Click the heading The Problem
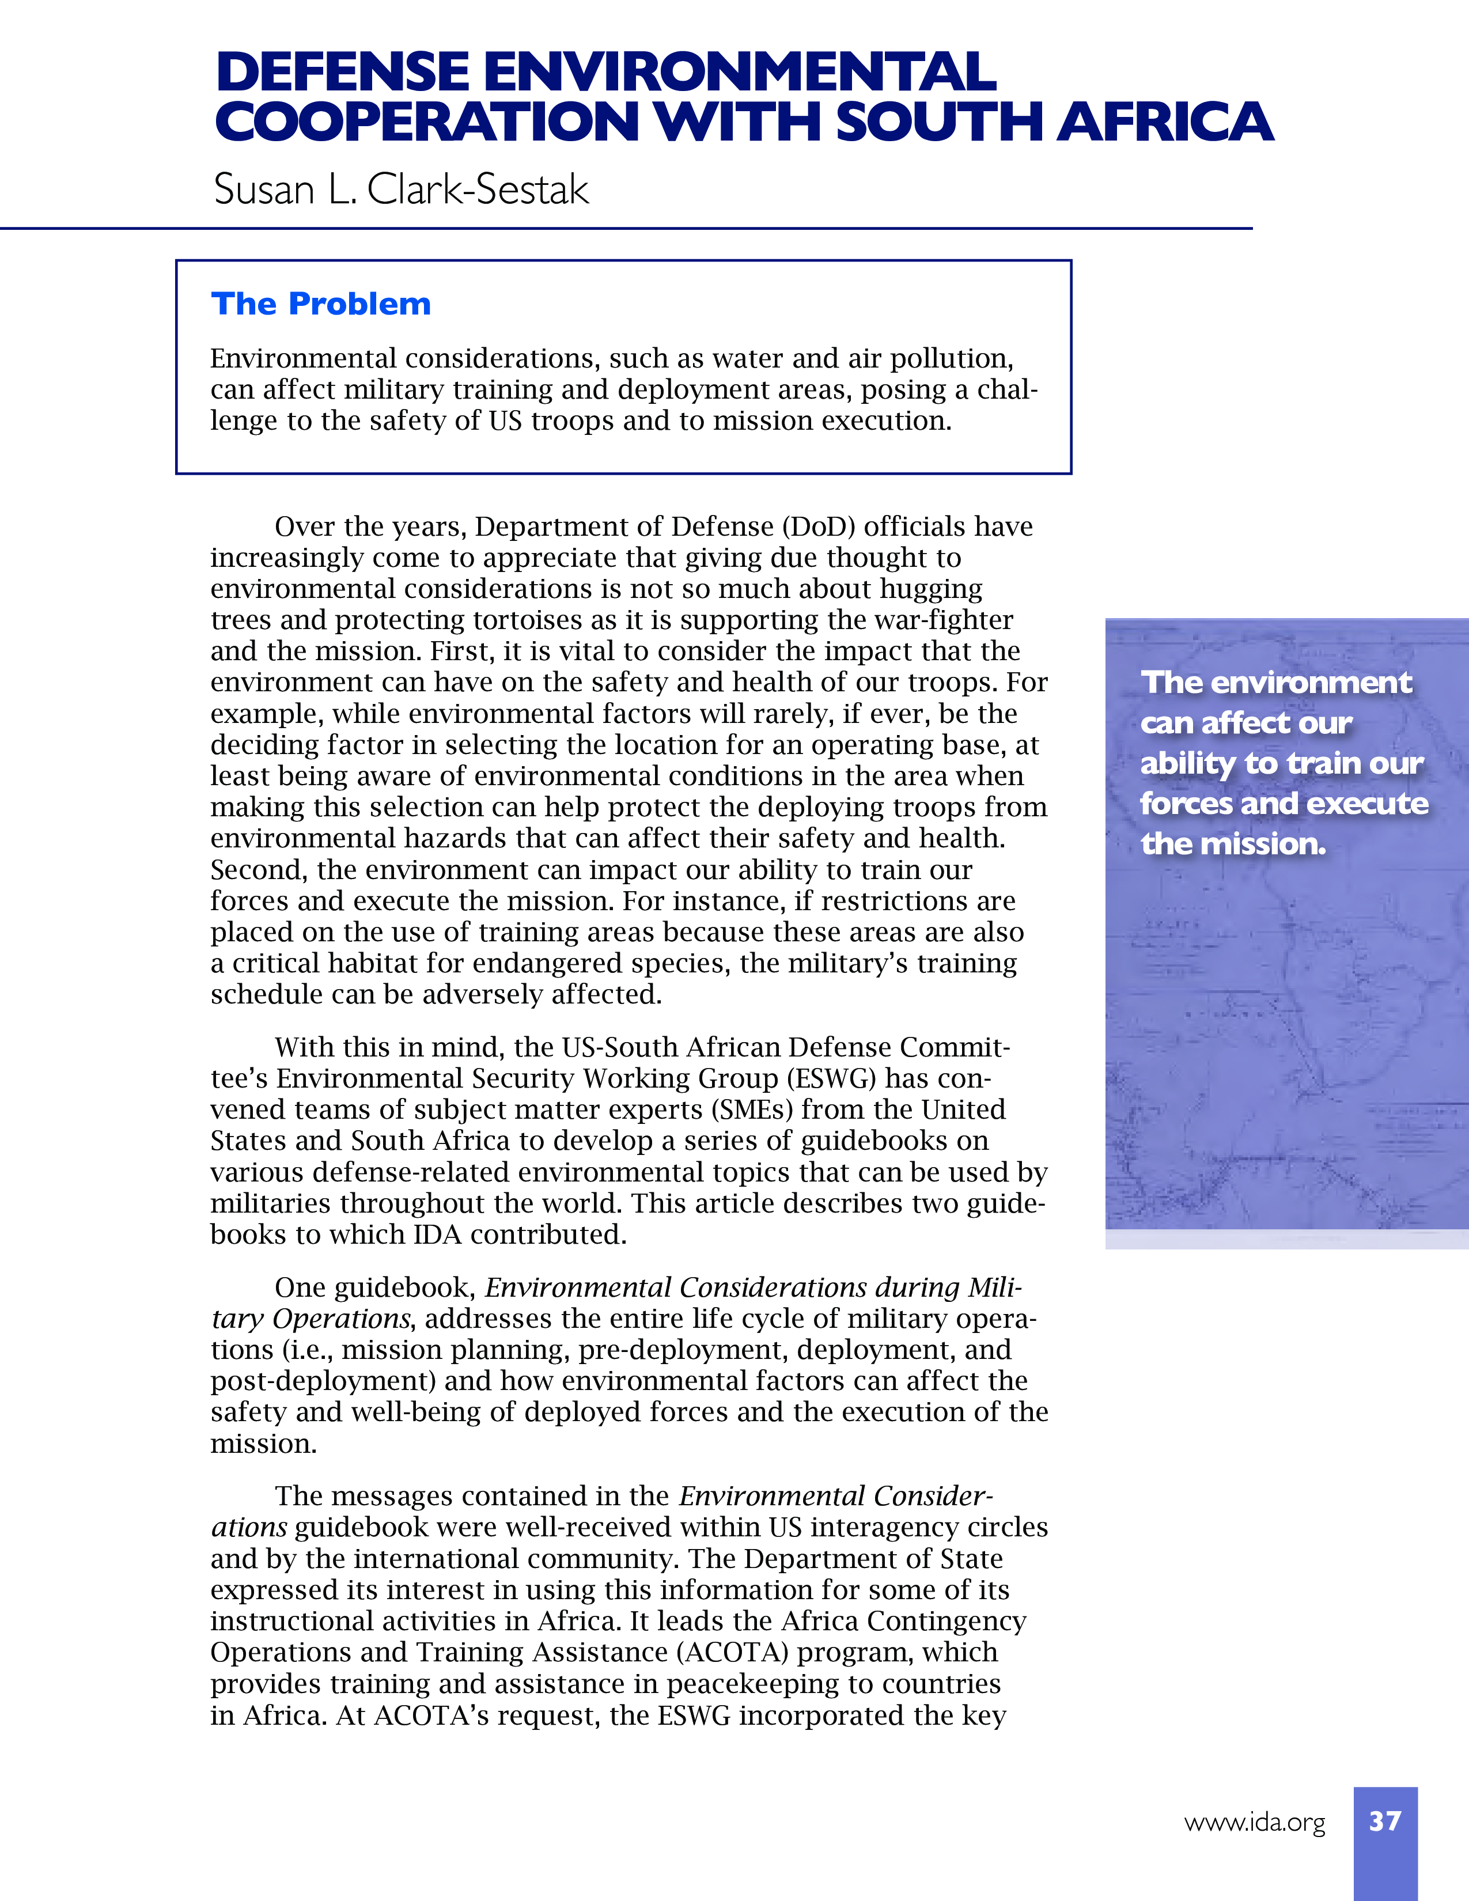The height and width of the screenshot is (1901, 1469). pyautogui.click(x=320, y=304)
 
